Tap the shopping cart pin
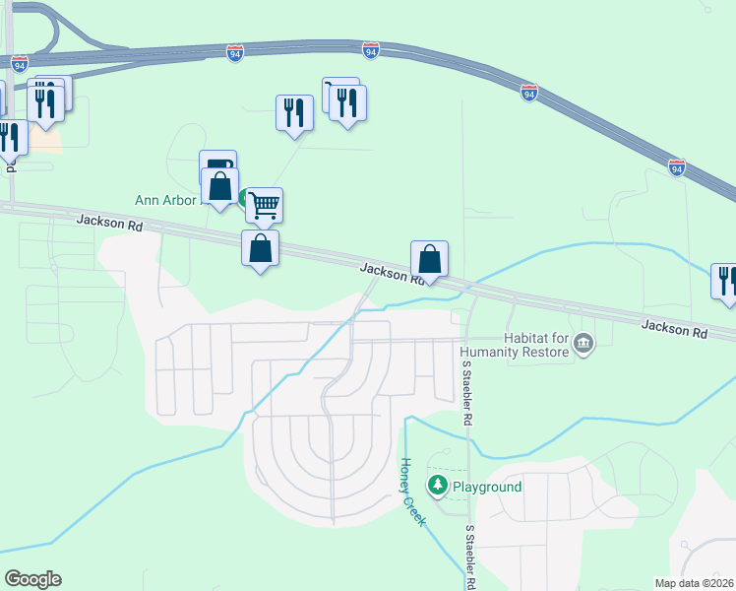264,205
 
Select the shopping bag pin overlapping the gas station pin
220,186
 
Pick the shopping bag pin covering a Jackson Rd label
429,259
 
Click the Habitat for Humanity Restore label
516,344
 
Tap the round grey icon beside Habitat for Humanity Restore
583,343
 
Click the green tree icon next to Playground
437,485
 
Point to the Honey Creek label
412,492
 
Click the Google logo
32,579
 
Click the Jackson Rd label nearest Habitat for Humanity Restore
674,331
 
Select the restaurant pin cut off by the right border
726,281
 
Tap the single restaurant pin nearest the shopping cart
294,112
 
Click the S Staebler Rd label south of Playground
470,557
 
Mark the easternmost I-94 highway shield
676,167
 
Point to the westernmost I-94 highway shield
20,63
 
